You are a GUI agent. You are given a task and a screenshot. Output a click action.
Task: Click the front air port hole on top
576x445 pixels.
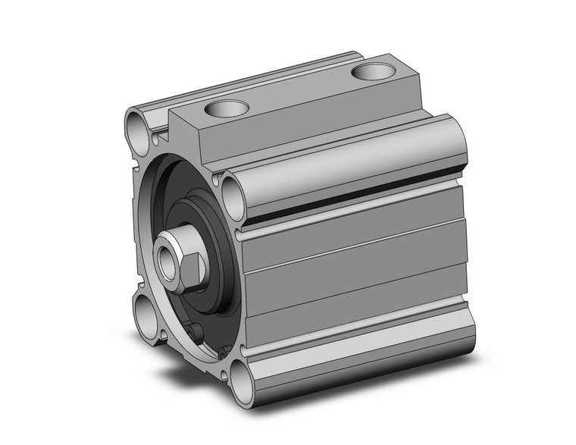(226, 108)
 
